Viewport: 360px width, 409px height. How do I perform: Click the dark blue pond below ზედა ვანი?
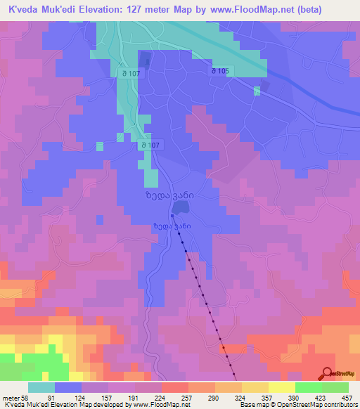click(x=179, y=208)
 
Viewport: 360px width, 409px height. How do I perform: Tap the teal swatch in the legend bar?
click(x=41, y=387)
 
